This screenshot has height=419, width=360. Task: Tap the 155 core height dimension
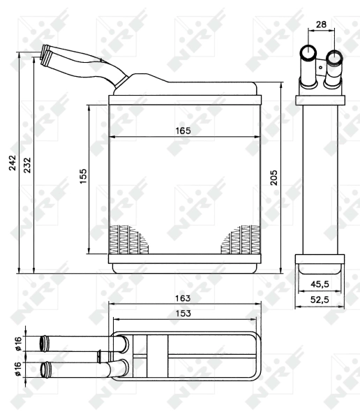(x=82, y=175)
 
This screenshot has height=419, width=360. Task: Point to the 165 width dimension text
(x=183, y=131)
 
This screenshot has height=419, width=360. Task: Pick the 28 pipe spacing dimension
(x=321, y=24)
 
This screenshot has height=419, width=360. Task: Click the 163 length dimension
(x=183, y=298)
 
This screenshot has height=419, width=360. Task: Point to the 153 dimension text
(x=183, y=314)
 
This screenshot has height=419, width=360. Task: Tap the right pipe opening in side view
(x=334, y=57)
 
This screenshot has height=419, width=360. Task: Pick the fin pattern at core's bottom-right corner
(x=238, y=240)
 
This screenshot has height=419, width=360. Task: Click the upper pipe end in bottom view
(x=47, y=343)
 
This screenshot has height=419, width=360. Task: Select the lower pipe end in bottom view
(x=47, y=368)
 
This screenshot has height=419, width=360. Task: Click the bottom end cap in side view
(x=320, y=263)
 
